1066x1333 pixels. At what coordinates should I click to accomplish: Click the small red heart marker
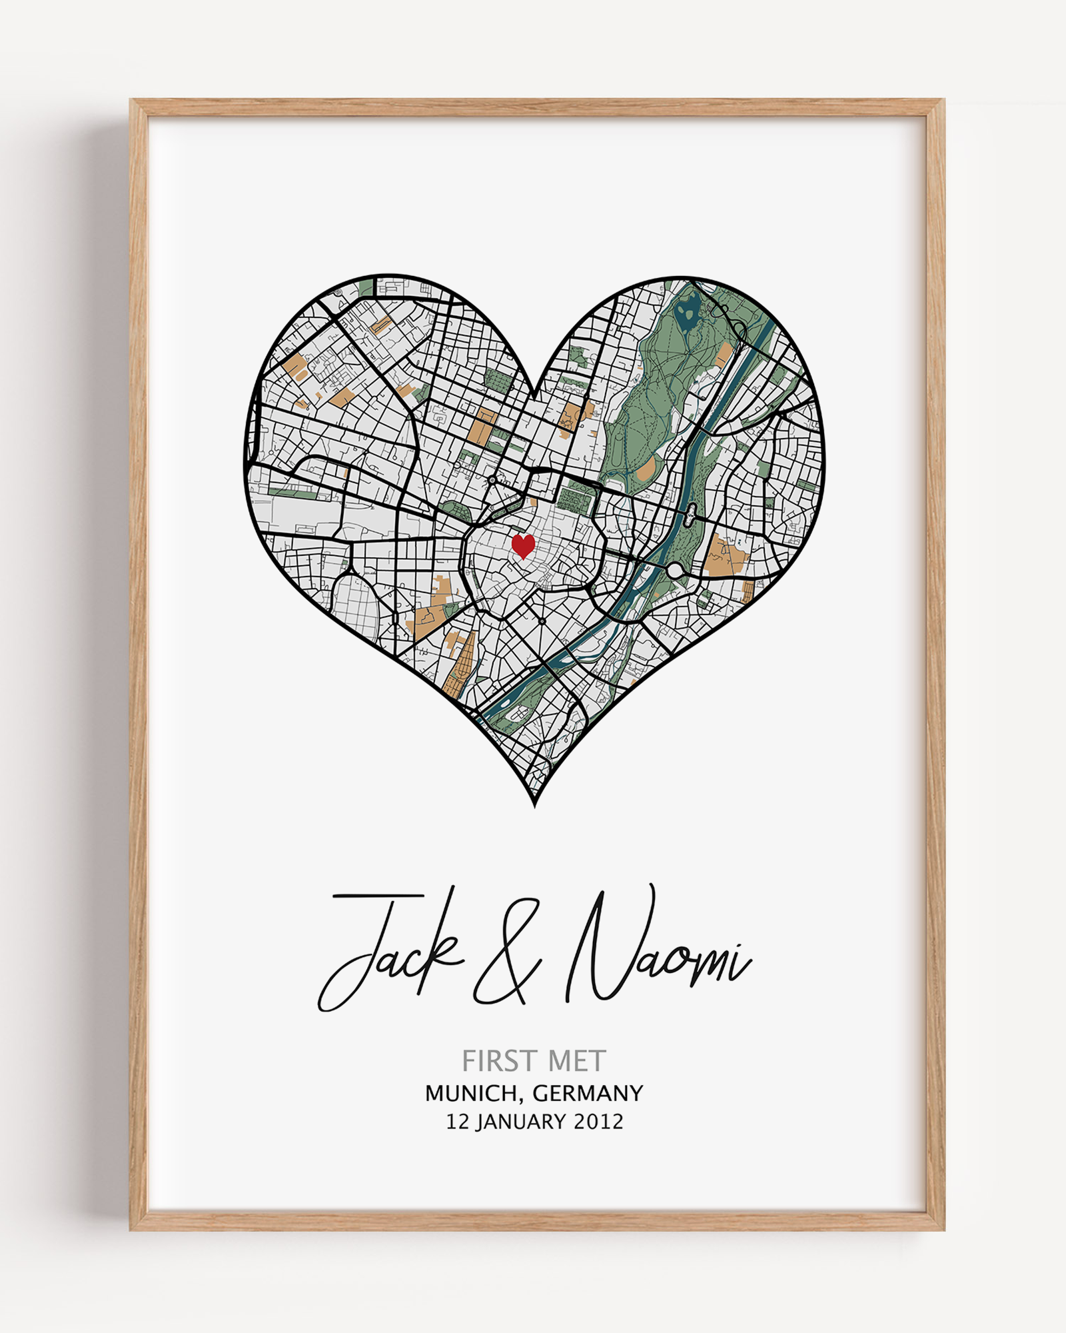pos(523,546)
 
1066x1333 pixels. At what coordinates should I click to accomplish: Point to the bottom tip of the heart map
pos(535,805)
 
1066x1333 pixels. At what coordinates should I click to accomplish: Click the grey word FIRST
pos(497,1061)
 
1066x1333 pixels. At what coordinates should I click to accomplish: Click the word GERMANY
pos(588,1094)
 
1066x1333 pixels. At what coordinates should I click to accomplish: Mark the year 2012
pos(598,1122)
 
